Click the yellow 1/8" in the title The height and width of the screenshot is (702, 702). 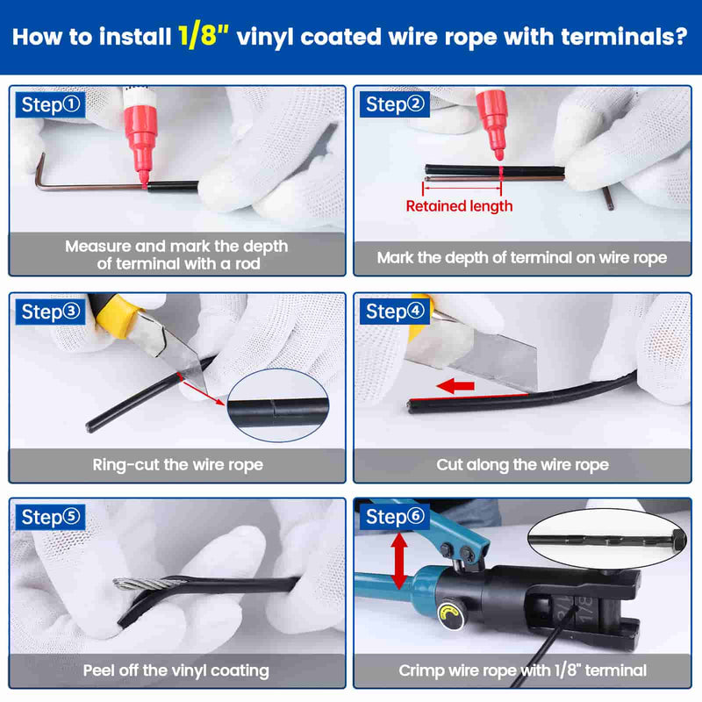point(204,36)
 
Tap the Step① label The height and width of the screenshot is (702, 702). point(51,104)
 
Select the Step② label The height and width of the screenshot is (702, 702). point(395,104)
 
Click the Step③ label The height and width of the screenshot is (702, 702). point(51,312)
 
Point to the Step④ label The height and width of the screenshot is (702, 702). point(395,312)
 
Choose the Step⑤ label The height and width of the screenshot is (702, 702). point(51,517)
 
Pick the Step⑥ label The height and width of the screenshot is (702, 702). point(395,517)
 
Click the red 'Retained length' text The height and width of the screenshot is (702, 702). point(459,206)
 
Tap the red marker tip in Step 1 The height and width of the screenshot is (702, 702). point(144,178)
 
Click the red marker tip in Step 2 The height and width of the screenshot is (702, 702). point(498,155)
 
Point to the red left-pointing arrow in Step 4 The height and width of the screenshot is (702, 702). point(455,385)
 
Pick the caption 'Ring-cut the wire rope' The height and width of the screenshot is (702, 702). point(178,465)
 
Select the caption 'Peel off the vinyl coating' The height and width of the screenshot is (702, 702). point(176,670)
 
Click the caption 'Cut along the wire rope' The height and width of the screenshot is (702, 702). point(522,465)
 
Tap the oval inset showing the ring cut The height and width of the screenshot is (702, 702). point(278,405)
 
